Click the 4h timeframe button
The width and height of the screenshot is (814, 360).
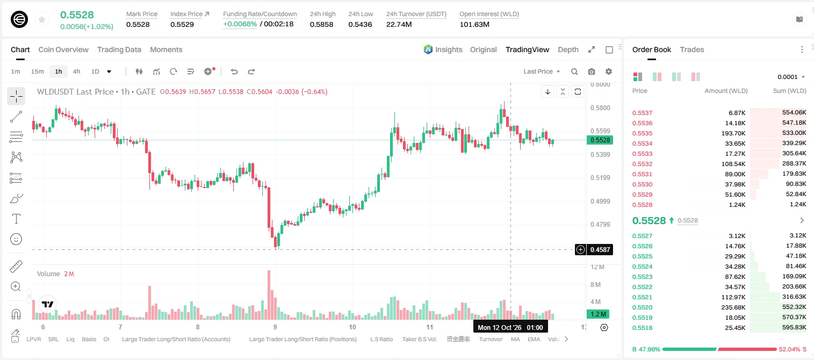(76, 71)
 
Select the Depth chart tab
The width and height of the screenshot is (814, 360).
(568, 50)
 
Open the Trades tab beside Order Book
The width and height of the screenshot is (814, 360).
(692, 50)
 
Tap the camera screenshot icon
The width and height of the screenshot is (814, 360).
(592, 71)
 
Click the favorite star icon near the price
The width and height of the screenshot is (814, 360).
(42, 19)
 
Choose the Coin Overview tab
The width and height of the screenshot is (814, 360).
(63, 50)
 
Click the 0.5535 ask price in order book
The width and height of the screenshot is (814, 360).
(643, 133)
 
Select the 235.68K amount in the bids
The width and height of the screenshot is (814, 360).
(733, 307)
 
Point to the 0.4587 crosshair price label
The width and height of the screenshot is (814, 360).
(600, 249)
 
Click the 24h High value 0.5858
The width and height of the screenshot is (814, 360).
(322, 24)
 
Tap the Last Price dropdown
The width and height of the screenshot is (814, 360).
(542, 71)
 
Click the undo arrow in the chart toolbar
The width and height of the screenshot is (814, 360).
(234, 71)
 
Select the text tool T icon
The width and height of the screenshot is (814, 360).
(16, 219)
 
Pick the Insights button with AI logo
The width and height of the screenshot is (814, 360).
(443, 50)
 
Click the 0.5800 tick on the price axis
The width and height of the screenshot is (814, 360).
(600, 108)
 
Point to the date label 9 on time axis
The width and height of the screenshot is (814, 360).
(275, 327)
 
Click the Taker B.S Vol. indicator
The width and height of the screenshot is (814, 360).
(419, 339)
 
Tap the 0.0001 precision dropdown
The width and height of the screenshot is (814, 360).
(791, 77)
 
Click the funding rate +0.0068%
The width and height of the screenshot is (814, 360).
(240, 24)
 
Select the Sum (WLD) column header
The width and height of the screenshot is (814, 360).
(789, 91)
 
